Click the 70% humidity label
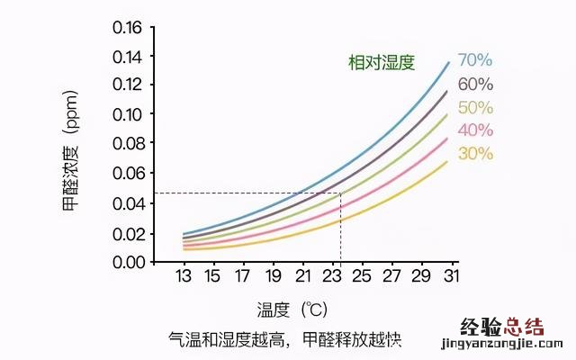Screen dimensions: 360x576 [475, 61]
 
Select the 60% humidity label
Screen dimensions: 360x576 [475, 85]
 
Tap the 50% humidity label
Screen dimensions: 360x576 [475, 108]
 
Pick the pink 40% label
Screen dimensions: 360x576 [475, 130]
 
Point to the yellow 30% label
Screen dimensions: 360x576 [475, 154]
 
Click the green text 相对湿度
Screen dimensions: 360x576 [382, 62]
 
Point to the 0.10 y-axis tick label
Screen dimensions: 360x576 [128, 115]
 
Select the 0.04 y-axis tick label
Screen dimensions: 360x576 [128, 203]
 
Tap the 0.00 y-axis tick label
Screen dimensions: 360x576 [128, 262]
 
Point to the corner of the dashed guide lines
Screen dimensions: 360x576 [340, 193]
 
